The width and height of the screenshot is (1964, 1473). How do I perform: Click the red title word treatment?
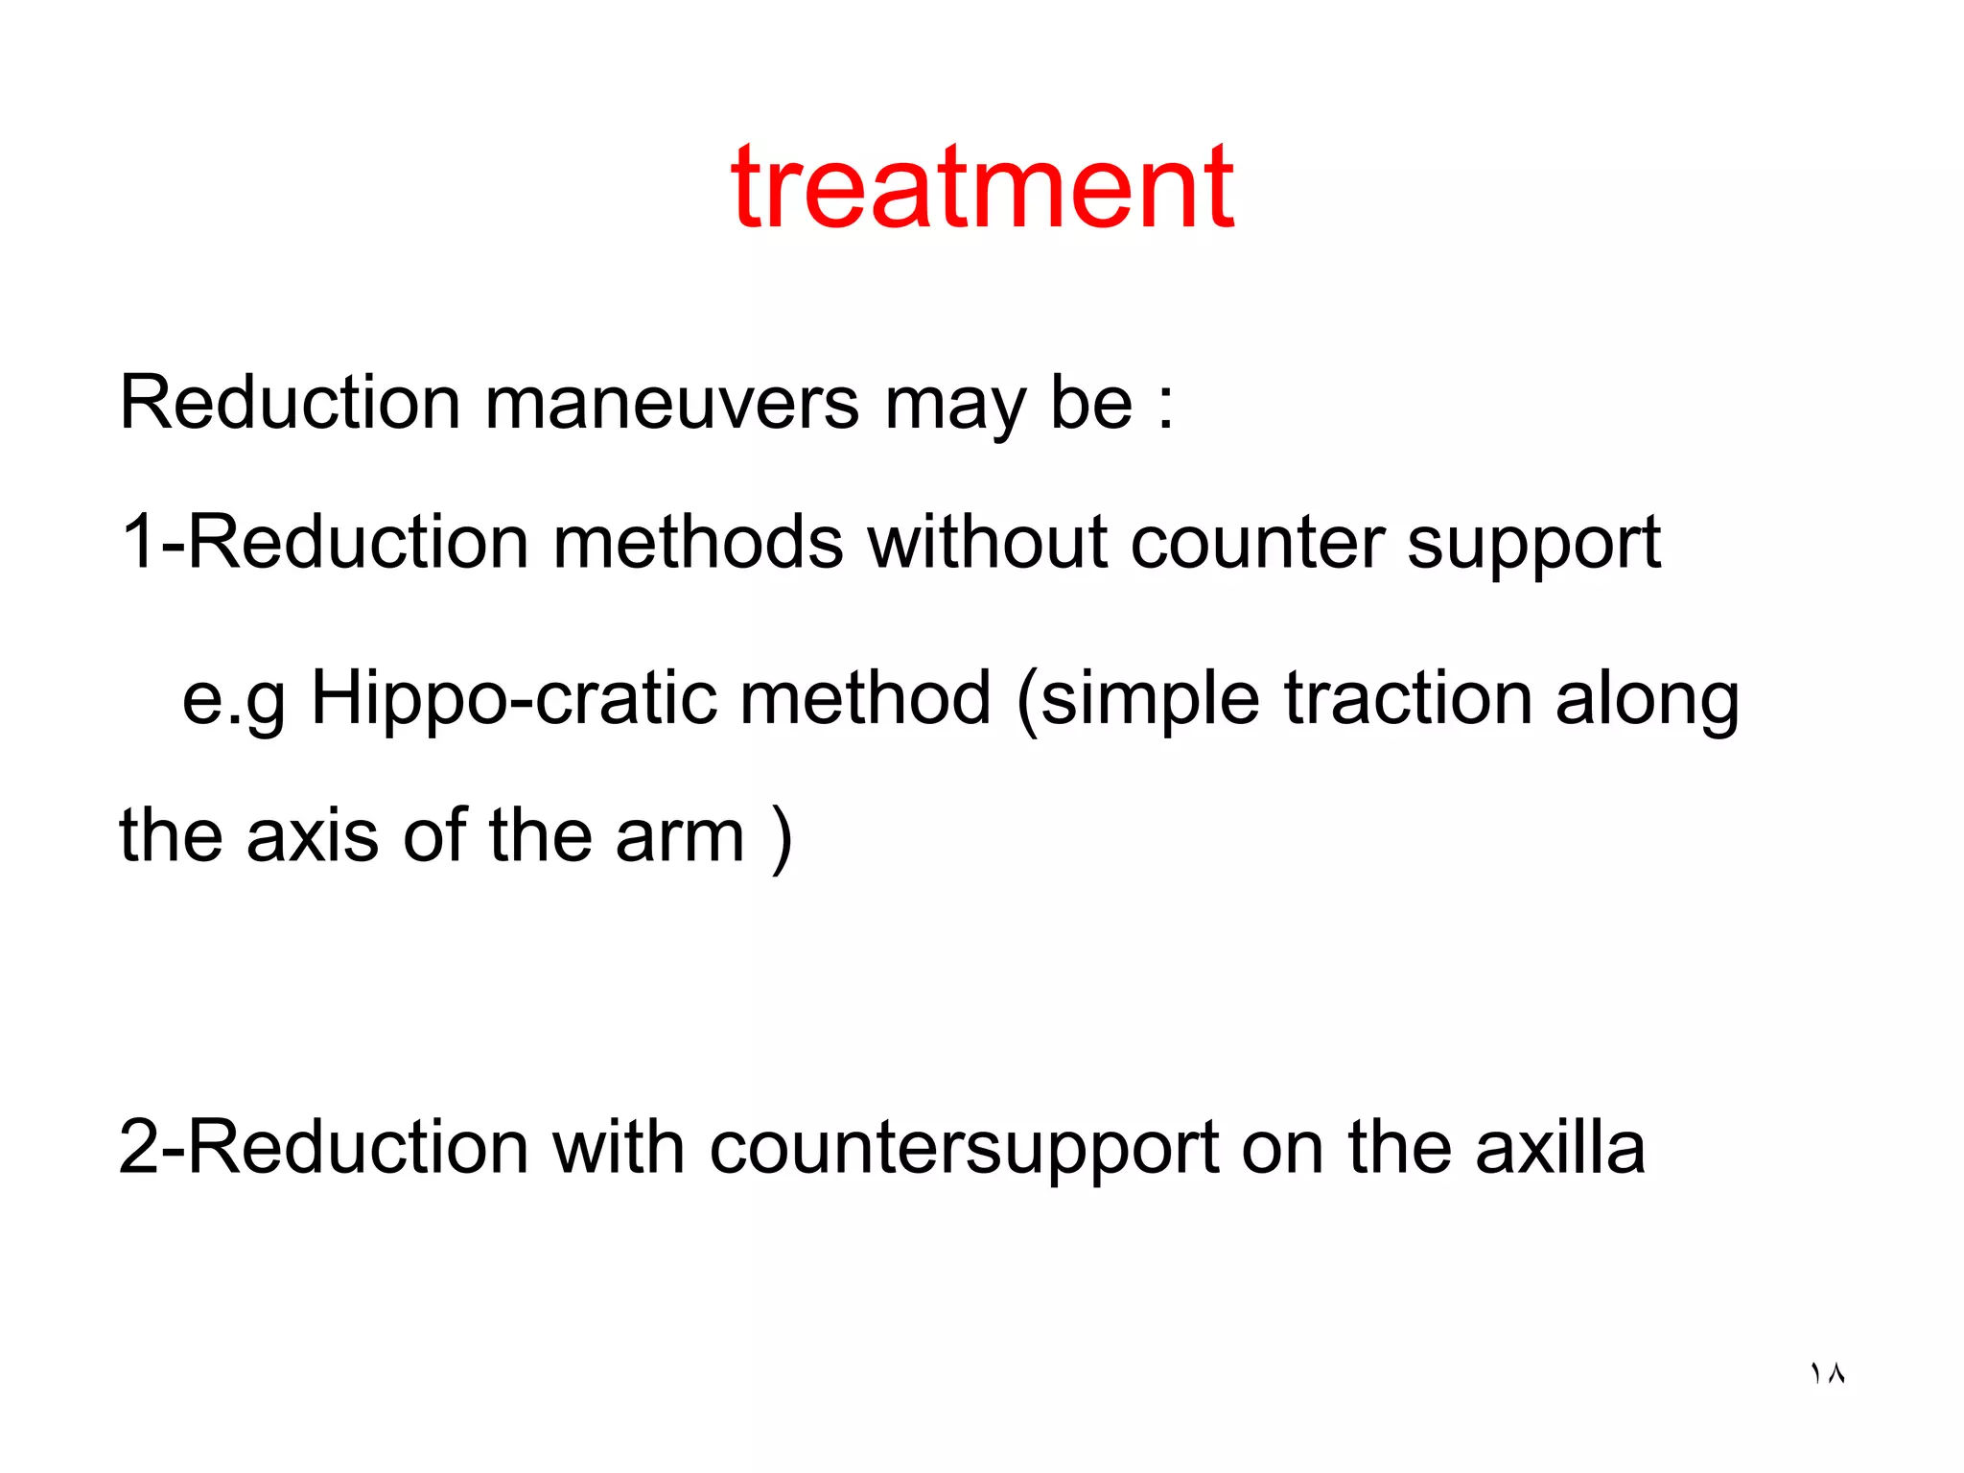click(982, 188)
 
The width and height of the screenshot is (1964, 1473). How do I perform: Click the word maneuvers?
click(671, 403)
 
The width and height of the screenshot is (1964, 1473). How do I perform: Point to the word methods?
click(698, 543)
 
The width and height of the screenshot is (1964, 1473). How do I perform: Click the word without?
click(987, 543)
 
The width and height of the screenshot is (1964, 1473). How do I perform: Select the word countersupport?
click(964, 1149)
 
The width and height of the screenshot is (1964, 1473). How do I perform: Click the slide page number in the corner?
click(1827, 1373)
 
